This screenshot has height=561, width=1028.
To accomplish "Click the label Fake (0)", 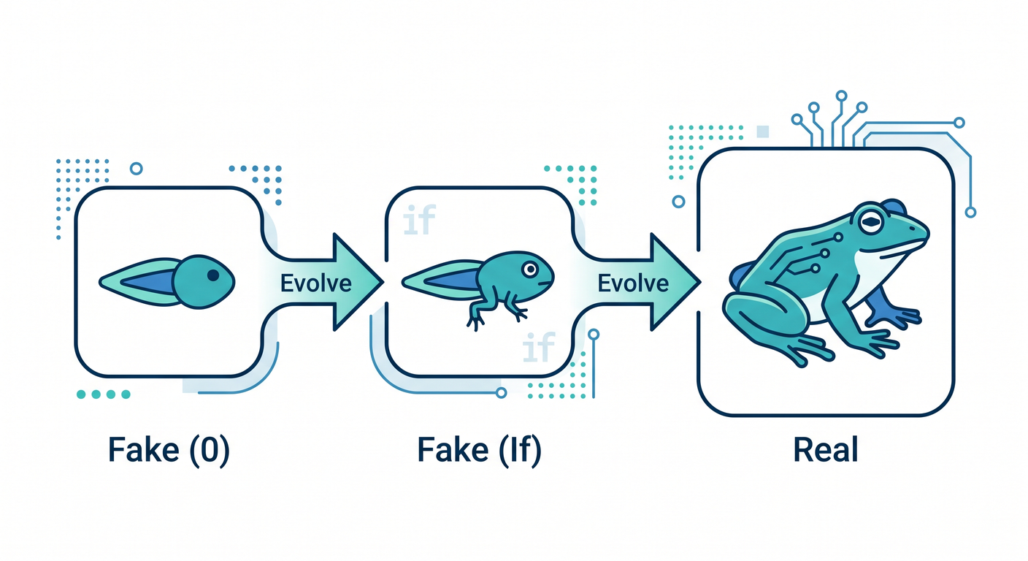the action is pyautogui.click(x=169, y=451).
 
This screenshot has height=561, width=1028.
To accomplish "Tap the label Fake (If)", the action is pyautogui.click(x=479, y=451).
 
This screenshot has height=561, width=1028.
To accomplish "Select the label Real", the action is pyautogui.click(x=826, y=450).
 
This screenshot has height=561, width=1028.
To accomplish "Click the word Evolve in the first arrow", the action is pyautogui.click(x=315, y=283).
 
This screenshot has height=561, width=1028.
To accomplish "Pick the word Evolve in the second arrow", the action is pyautogui.click(x=633, y=283).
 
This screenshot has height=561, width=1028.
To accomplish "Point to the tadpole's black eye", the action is pyautogui.click(x=213, y=275).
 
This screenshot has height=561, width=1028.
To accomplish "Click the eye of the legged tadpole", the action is pyautogui.click(x=530, y=269).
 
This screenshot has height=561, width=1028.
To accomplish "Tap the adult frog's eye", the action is pyautogui.click(x=870, y=223).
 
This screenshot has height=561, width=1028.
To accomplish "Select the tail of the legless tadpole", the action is pyautogui.click(x=138, y=282).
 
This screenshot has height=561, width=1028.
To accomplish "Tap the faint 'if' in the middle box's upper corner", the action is pyautogui.click(x=419, y=220).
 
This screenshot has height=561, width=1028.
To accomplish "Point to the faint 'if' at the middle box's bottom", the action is pyautogui.click(x=539, y=347).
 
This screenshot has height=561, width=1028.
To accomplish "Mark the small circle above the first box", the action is pyautogui.click(x=137, y=169).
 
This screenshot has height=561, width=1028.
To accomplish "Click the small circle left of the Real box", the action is pyautogui.click(x=678, y=201).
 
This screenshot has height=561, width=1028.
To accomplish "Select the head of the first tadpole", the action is pyautogui.click(x=204, y=282).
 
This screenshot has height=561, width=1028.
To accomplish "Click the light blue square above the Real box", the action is pyautogui.click(x=762, y=131).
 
